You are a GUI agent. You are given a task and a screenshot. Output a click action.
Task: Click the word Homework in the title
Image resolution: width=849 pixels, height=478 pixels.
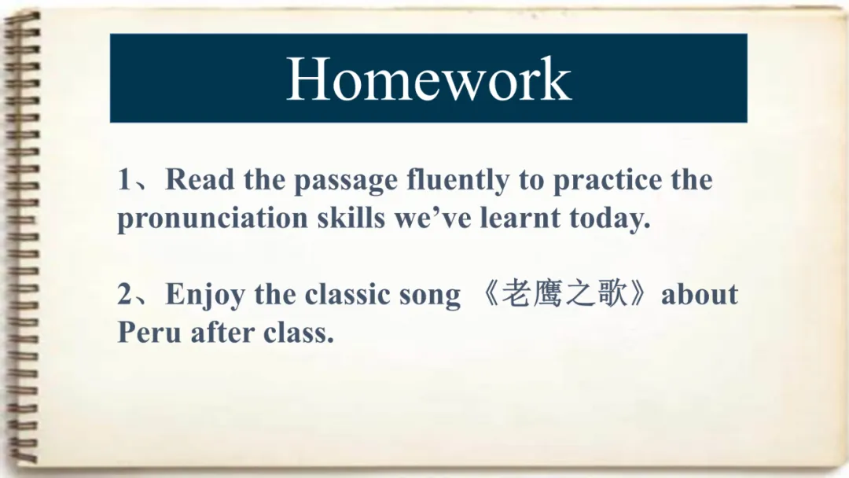coord(428,79)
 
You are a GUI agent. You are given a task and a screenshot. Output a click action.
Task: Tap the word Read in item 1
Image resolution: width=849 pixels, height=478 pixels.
coord(199,179)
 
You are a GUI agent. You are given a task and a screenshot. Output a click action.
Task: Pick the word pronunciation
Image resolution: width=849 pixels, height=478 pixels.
coord(212,219)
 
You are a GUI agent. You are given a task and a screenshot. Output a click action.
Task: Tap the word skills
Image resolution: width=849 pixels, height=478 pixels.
coord(351,217)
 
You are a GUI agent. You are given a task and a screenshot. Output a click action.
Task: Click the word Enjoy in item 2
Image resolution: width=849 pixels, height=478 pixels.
coord(204,296)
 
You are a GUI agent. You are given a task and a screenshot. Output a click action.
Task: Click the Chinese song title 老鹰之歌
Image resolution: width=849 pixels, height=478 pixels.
coord(564,294)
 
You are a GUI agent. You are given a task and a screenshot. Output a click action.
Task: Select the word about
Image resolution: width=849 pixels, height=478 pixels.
coord(700,294)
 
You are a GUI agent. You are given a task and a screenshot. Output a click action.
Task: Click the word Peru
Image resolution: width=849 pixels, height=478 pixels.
coord(149,332)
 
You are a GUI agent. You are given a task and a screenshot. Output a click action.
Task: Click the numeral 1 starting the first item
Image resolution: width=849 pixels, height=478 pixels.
coord(124,180)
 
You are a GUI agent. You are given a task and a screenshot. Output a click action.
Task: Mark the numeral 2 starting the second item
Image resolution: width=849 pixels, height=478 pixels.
coord(124,294)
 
